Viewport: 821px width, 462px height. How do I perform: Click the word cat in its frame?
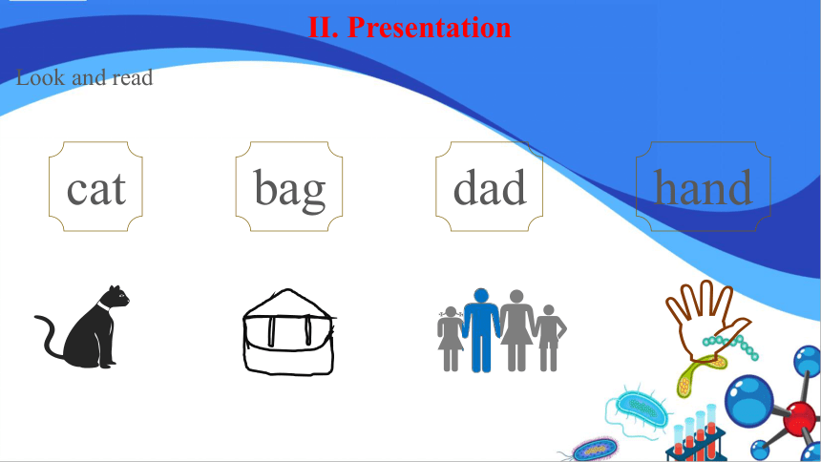point(96,189)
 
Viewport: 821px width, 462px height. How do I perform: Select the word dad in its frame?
point(490,187)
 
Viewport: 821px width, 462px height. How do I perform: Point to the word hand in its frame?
point(704,187)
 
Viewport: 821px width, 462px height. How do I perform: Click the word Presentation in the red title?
point(430,28)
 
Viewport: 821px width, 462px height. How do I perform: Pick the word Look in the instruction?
point(41,77)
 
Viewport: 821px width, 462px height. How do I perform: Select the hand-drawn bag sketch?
point(288,331)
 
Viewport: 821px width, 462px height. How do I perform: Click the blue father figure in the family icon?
point(481,330)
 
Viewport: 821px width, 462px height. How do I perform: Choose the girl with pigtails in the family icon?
point(451,339)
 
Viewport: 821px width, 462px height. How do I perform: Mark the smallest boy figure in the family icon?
point(549,338)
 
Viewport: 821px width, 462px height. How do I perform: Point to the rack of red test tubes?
point(696,434)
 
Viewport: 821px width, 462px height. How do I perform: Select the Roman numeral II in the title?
point(323,28)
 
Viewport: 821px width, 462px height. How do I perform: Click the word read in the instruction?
point(133,77)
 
